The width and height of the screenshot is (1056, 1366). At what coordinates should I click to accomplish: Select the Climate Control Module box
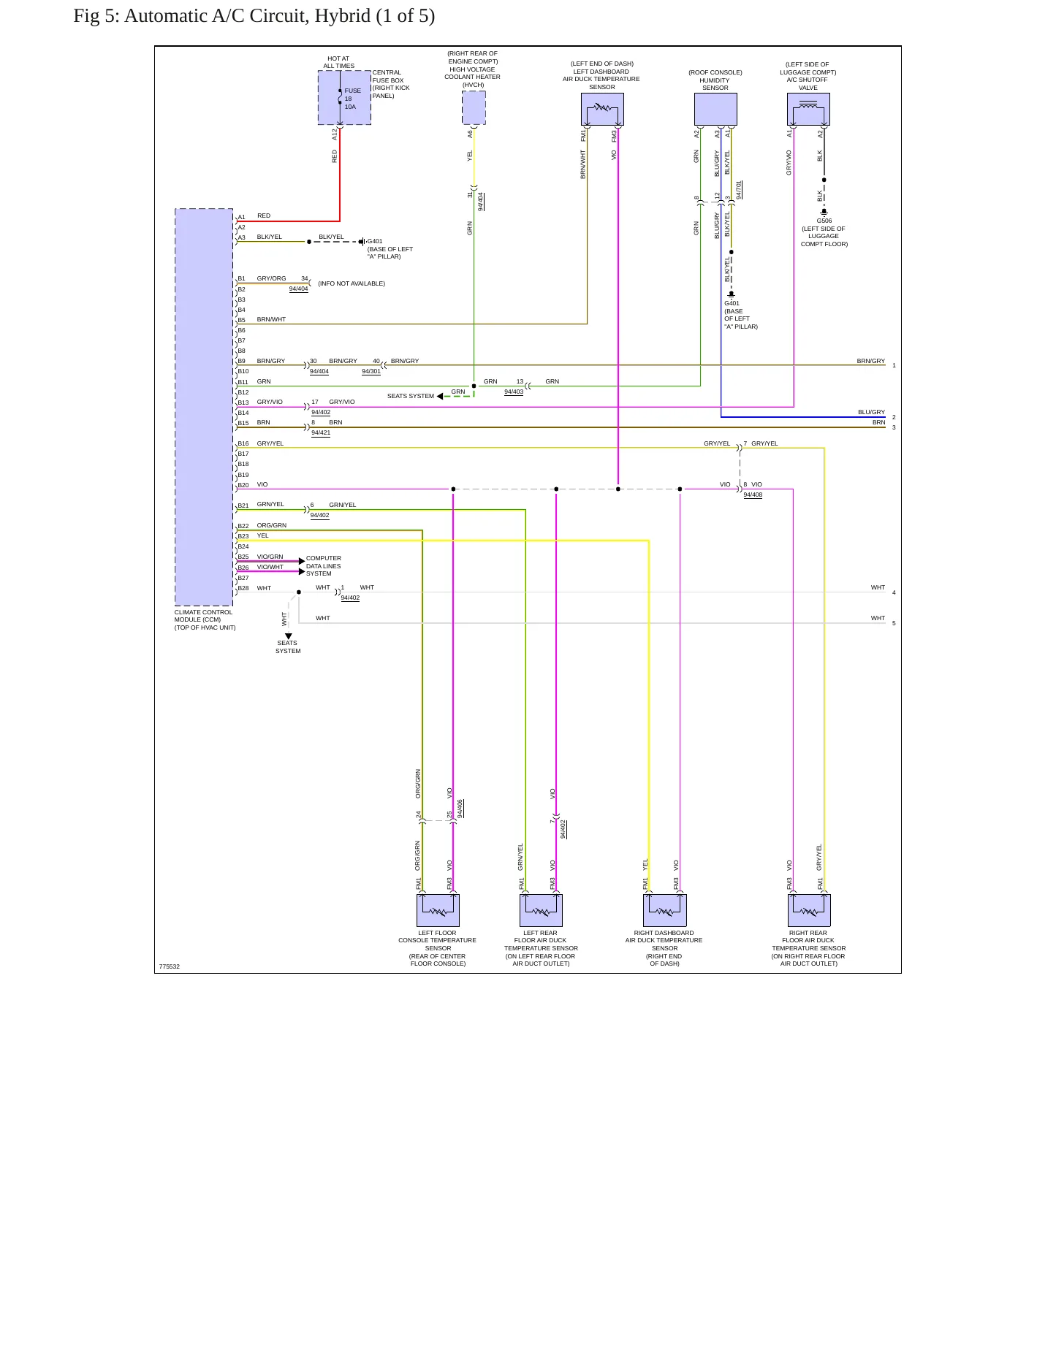click(x=204, y=407)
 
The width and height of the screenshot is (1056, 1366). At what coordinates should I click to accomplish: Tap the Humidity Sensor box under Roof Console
click(x=715, y=110)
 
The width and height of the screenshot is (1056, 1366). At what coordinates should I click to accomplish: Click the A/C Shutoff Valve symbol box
click(x=808, y=110)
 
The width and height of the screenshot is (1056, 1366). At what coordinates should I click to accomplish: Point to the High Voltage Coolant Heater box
click(x=474, y=107)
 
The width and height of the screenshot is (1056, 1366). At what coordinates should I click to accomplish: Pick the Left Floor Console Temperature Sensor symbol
click(x=438, y=910)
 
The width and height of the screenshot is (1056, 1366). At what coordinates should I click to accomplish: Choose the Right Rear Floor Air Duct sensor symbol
click(x=809, y=910)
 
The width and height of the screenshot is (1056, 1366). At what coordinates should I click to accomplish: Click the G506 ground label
click(x=824, y=221)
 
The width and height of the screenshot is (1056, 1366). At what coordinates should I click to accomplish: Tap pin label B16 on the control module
click(x=243, y=443)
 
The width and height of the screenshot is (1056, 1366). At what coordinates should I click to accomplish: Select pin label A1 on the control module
click(x=241, y=217)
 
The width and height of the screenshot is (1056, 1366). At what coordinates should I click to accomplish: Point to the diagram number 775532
click(x=169, y=966)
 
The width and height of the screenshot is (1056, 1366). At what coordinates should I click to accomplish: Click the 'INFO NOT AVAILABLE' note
click(x=352, y=283)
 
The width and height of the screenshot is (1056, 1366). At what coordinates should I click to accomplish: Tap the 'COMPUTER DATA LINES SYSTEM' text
click(x=323, y=566)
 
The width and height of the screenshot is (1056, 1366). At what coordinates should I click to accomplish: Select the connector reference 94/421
click(x=321, y=432)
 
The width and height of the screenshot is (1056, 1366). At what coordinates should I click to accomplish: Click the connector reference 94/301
click(x=371, y=371)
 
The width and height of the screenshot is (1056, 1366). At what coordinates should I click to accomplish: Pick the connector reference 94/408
click(x=753, y=495)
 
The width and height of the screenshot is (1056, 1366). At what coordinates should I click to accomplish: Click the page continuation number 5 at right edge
click(x=894, y=623)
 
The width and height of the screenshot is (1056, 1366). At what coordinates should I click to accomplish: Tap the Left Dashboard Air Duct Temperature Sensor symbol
click(x=602, y=110)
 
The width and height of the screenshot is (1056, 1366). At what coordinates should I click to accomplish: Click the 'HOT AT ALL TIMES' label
click(x=338, y=62)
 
